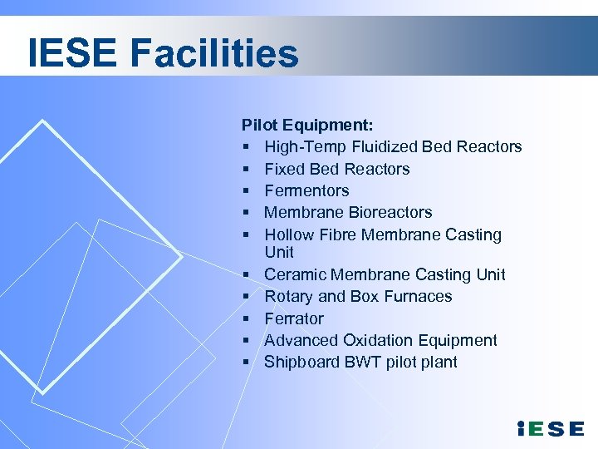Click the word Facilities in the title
(214, 53)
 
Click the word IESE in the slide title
(73, 53)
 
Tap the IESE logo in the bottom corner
(550, 428)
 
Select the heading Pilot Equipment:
(307, 125)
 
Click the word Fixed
(284, 169)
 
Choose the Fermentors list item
(306, 190)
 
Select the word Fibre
(338, 234)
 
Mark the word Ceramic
(295, 274)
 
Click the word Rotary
(289, 296)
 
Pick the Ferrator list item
(294, 318)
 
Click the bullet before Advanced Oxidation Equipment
(248, 341)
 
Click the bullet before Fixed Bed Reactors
(248, 170)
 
